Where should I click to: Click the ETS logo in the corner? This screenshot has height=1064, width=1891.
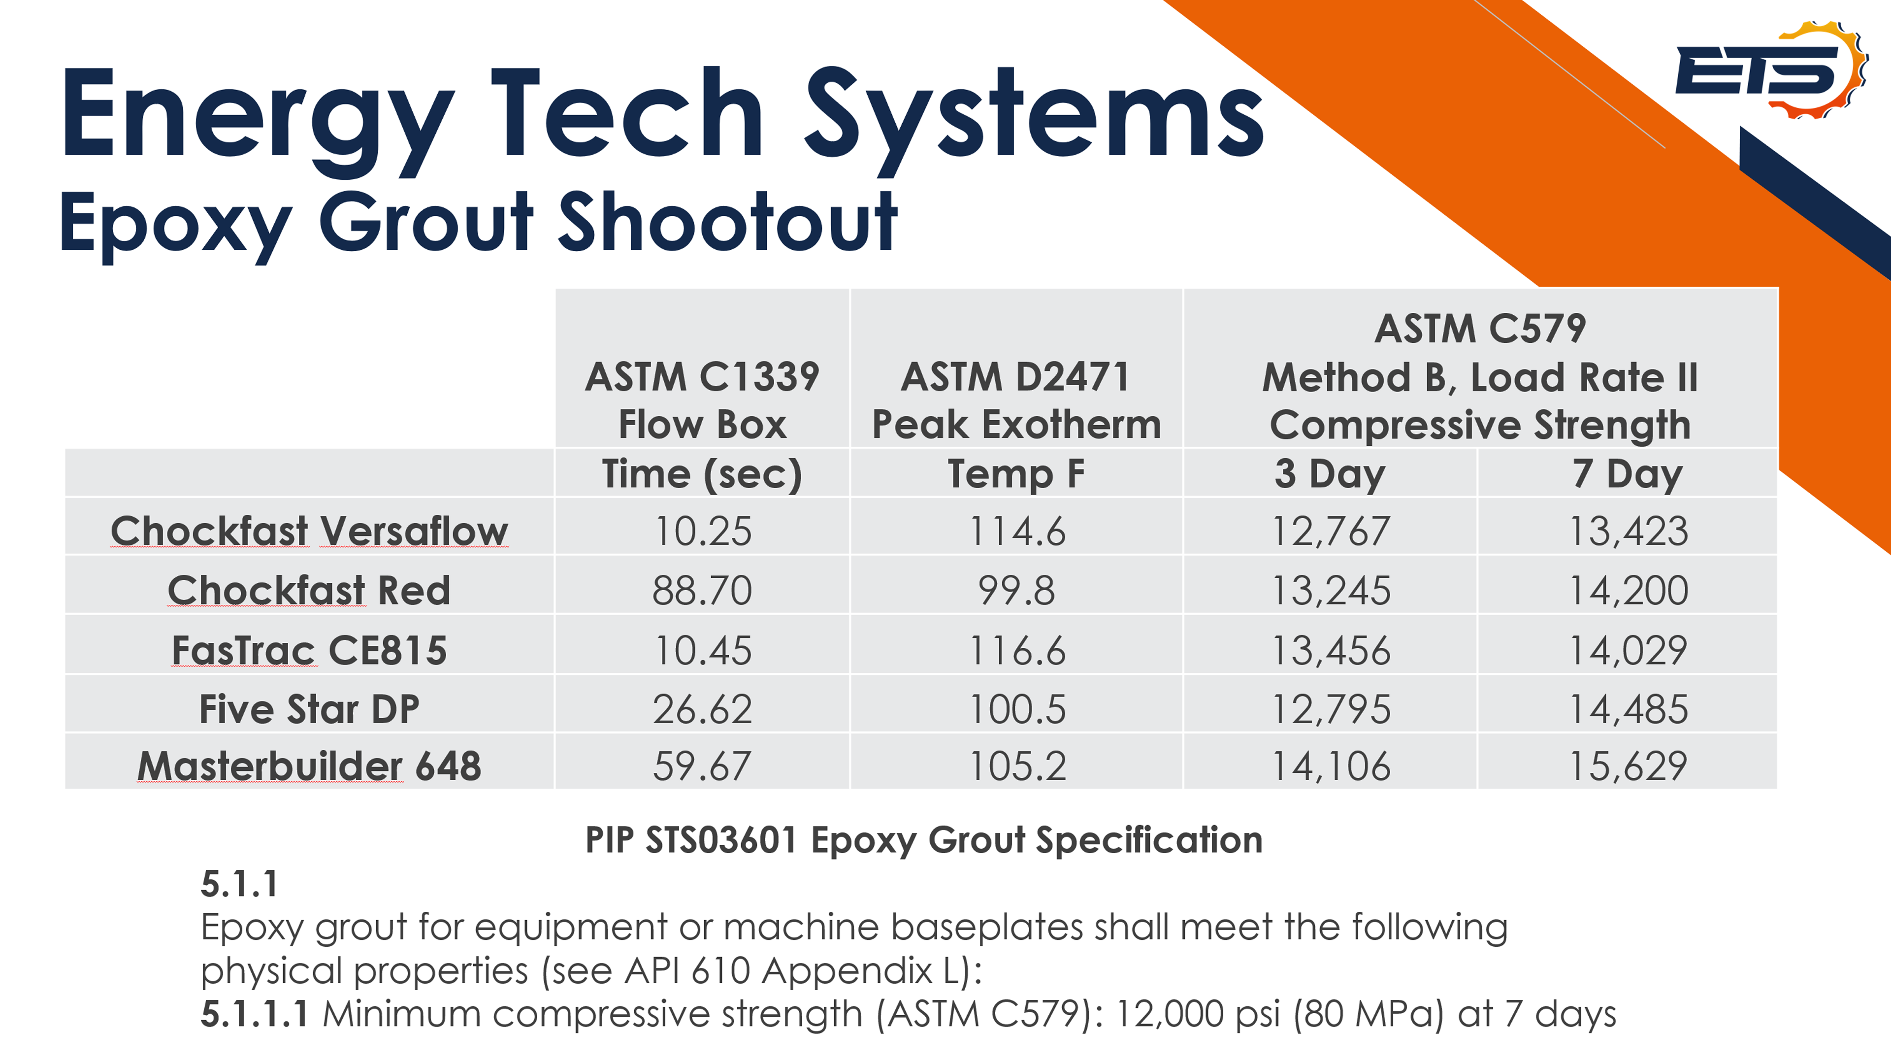pos(1769,70)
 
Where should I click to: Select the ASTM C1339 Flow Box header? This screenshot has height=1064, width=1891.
pos(702,400)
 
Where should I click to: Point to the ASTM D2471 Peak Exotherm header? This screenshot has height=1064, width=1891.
pos(1016,400)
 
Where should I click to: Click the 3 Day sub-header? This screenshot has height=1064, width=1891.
pos(1330,473)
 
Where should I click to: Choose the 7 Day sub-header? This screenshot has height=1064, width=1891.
pos(1627,473)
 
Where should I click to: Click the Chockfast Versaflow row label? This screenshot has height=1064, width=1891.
pos(309,531)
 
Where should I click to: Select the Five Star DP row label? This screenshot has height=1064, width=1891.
pos(309,709)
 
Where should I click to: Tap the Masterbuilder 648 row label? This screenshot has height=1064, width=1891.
pos(309,766)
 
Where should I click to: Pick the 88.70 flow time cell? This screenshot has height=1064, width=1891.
pos(702,591)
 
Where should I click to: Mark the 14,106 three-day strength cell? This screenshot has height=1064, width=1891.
pos(1330,766)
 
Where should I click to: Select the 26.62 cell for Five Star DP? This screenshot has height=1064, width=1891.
pos(702,709)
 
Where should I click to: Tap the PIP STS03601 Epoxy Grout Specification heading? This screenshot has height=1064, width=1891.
pos(923,839)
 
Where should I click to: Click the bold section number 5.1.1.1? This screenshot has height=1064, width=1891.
pos(254,1014)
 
